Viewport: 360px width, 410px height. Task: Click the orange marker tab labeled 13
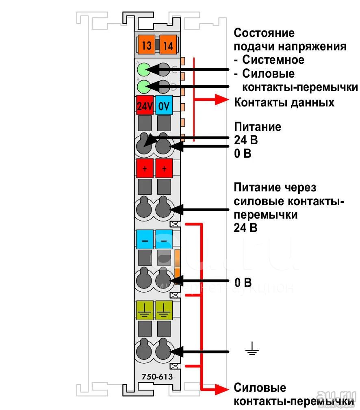pos(146,45)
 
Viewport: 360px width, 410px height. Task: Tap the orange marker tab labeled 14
pos(168,45)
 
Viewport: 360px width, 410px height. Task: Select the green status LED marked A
pos(143,69)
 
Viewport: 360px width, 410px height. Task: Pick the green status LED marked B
pos(143,87)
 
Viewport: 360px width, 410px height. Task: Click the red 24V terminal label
pos(145,105)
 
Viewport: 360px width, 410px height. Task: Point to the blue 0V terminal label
pos(164,105)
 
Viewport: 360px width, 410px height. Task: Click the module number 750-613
pos(157,377)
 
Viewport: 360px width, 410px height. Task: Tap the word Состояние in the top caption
pos(264,33)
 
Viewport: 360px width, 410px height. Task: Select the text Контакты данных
pos(284,102)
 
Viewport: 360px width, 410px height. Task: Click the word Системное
pos(273,60)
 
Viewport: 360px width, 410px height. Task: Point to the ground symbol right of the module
pos(252,348)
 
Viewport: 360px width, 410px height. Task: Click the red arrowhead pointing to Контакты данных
pos(222,100)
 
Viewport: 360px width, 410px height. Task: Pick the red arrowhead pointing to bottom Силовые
pos(222,389)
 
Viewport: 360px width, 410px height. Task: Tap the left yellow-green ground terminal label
pos(145,310)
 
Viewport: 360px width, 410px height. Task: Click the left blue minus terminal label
pos(145,239)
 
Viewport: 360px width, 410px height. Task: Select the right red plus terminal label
pos(164,168)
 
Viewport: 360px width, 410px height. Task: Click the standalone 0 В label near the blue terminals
pos(243,282)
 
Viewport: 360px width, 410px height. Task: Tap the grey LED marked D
pos(164,87)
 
